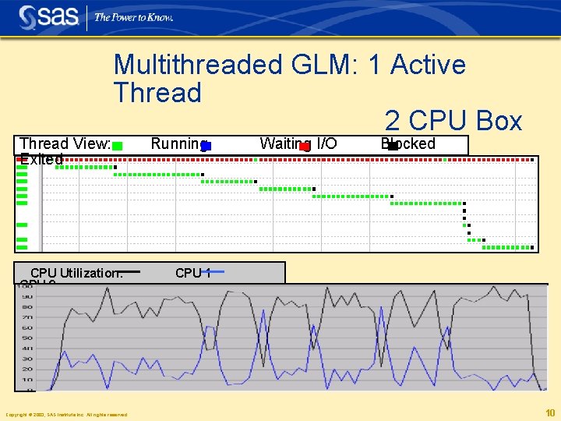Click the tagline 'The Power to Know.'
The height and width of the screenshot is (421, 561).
[x=133, y=17]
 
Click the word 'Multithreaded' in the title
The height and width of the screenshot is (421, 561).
[x=198, y=65]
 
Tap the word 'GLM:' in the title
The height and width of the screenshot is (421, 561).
[x=323, y=65]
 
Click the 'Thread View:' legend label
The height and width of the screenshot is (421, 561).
[x=65, y=143]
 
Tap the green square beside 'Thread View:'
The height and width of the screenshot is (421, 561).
[x=117, y=146]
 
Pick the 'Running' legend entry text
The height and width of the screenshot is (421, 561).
[x=177, y=143]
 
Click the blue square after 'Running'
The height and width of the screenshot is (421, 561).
[x=206, y=146]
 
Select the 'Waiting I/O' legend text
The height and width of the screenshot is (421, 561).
[x=298, y=143]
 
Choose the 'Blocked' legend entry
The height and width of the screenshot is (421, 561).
[x=408, y=143]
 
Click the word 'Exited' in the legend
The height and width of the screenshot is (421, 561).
[x=41, y=159]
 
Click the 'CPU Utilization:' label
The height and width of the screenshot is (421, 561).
[x=76, y=273]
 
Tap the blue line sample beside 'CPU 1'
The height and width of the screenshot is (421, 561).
[x=214, y=271]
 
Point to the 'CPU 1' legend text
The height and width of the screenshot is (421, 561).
[x=192, y=273]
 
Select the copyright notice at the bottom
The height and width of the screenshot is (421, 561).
[x=66, y=414]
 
